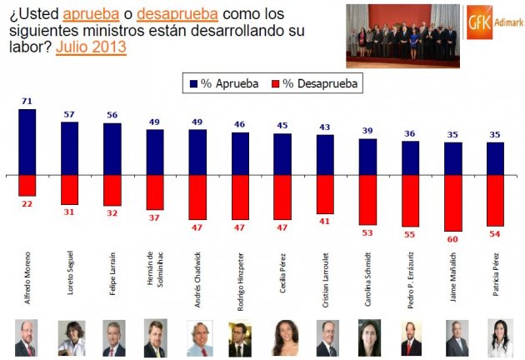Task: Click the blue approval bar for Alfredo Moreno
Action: point(27,142)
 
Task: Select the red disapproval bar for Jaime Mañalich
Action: point(453,202)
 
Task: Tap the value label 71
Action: point(27,102)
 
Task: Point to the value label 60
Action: point(453,238)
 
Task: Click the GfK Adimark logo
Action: point(494,23)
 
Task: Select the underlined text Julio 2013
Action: point(91,47)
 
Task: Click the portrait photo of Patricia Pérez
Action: point(497,337)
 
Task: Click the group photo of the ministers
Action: point(402,36)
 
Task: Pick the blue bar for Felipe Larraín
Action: point(112,149)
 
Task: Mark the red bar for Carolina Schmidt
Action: point(368,200)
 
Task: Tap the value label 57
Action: point(70,115)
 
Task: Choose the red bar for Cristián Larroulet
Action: point(326,193)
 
